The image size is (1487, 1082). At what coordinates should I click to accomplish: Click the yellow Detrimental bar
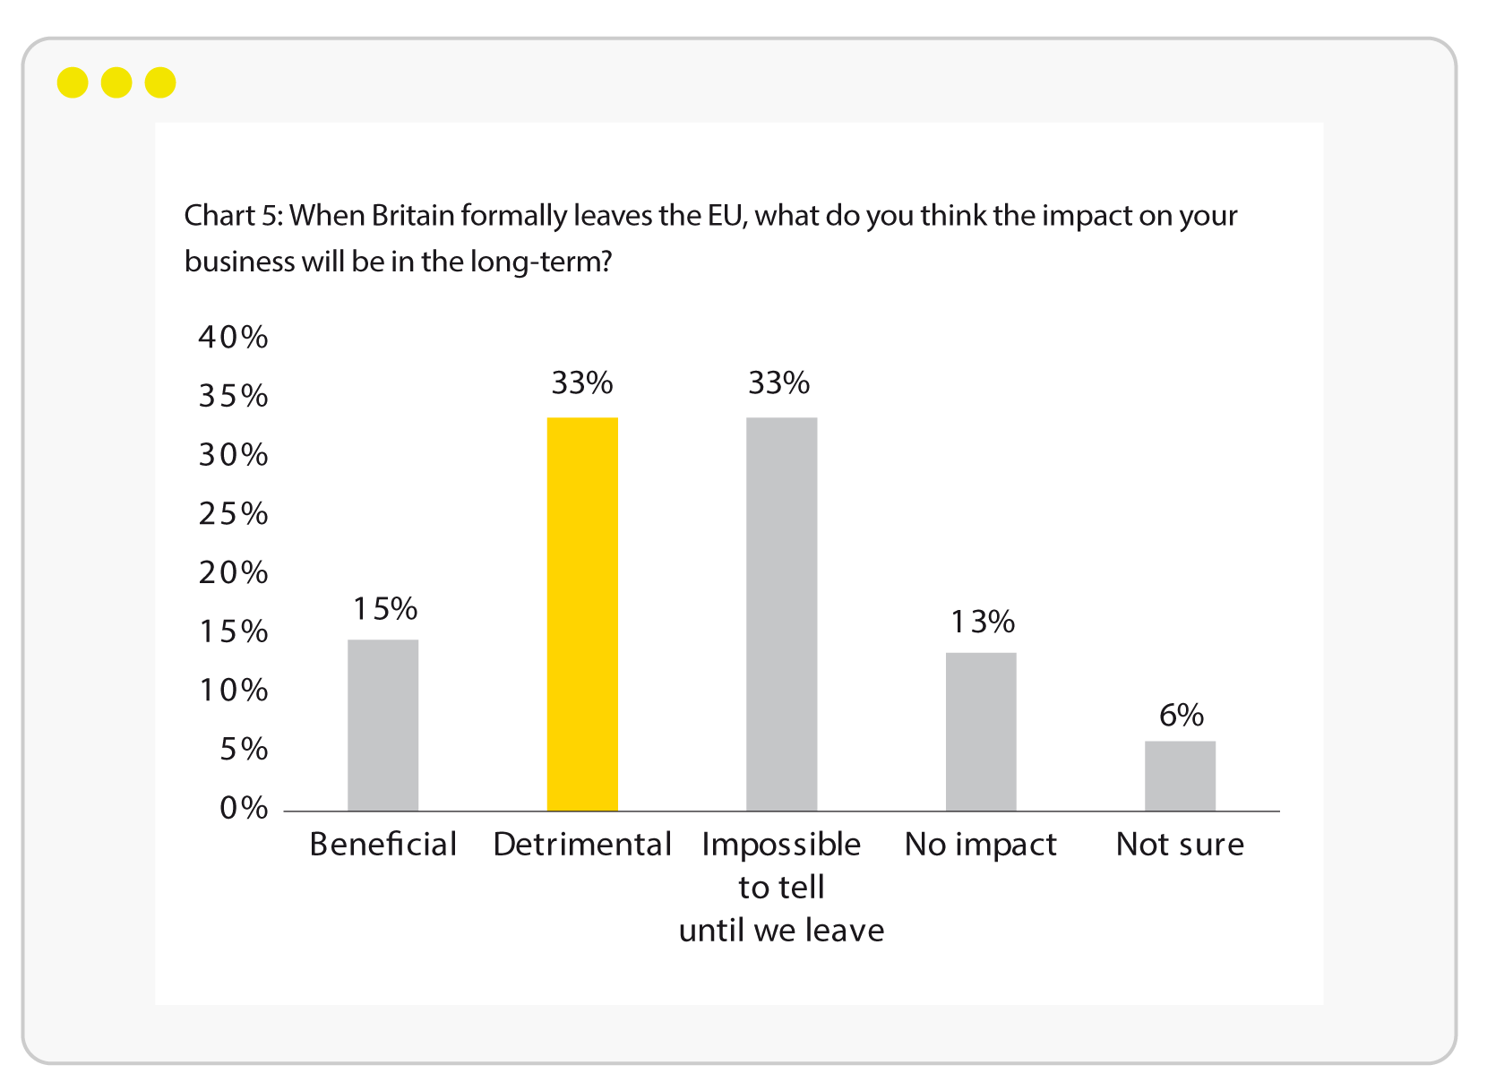(x=582, y=614)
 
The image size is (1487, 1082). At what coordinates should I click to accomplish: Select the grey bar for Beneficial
(x=383, y=725)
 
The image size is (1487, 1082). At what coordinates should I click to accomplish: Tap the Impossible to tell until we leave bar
(x=781, y=614)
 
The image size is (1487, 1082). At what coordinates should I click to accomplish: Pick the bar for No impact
(x=981, y=732)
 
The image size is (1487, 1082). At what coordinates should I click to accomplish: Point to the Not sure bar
(x=1180, y=776)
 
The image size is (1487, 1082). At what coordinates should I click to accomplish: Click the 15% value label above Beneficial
(x=385, y=609)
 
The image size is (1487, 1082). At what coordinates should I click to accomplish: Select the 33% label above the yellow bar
(x=582, y=383)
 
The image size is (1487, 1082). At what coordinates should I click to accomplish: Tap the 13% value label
(x=982, y=622)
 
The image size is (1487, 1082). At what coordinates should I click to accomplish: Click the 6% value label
(x=1181, y=715)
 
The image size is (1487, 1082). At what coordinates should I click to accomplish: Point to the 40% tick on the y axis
(x=233, y=337)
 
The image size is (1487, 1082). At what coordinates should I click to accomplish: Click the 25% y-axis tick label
(x=233, y=513)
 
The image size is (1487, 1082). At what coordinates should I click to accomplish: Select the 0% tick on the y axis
(x=244, y=808)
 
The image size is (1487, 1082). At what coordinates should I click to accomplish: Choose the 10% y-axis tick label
(x=233, y=690)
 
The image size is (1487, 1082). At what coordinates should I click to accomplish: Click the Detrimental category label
(x=582, y=845)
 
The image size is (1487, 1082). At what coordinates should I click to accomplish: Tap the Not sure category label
(x=1180, y=845)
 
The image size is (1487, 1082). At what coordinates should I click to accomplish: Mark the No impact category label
(x=981, y=845)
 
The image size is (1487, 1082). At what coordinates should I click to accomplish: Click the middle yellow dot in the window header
(x=116, y=83)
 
